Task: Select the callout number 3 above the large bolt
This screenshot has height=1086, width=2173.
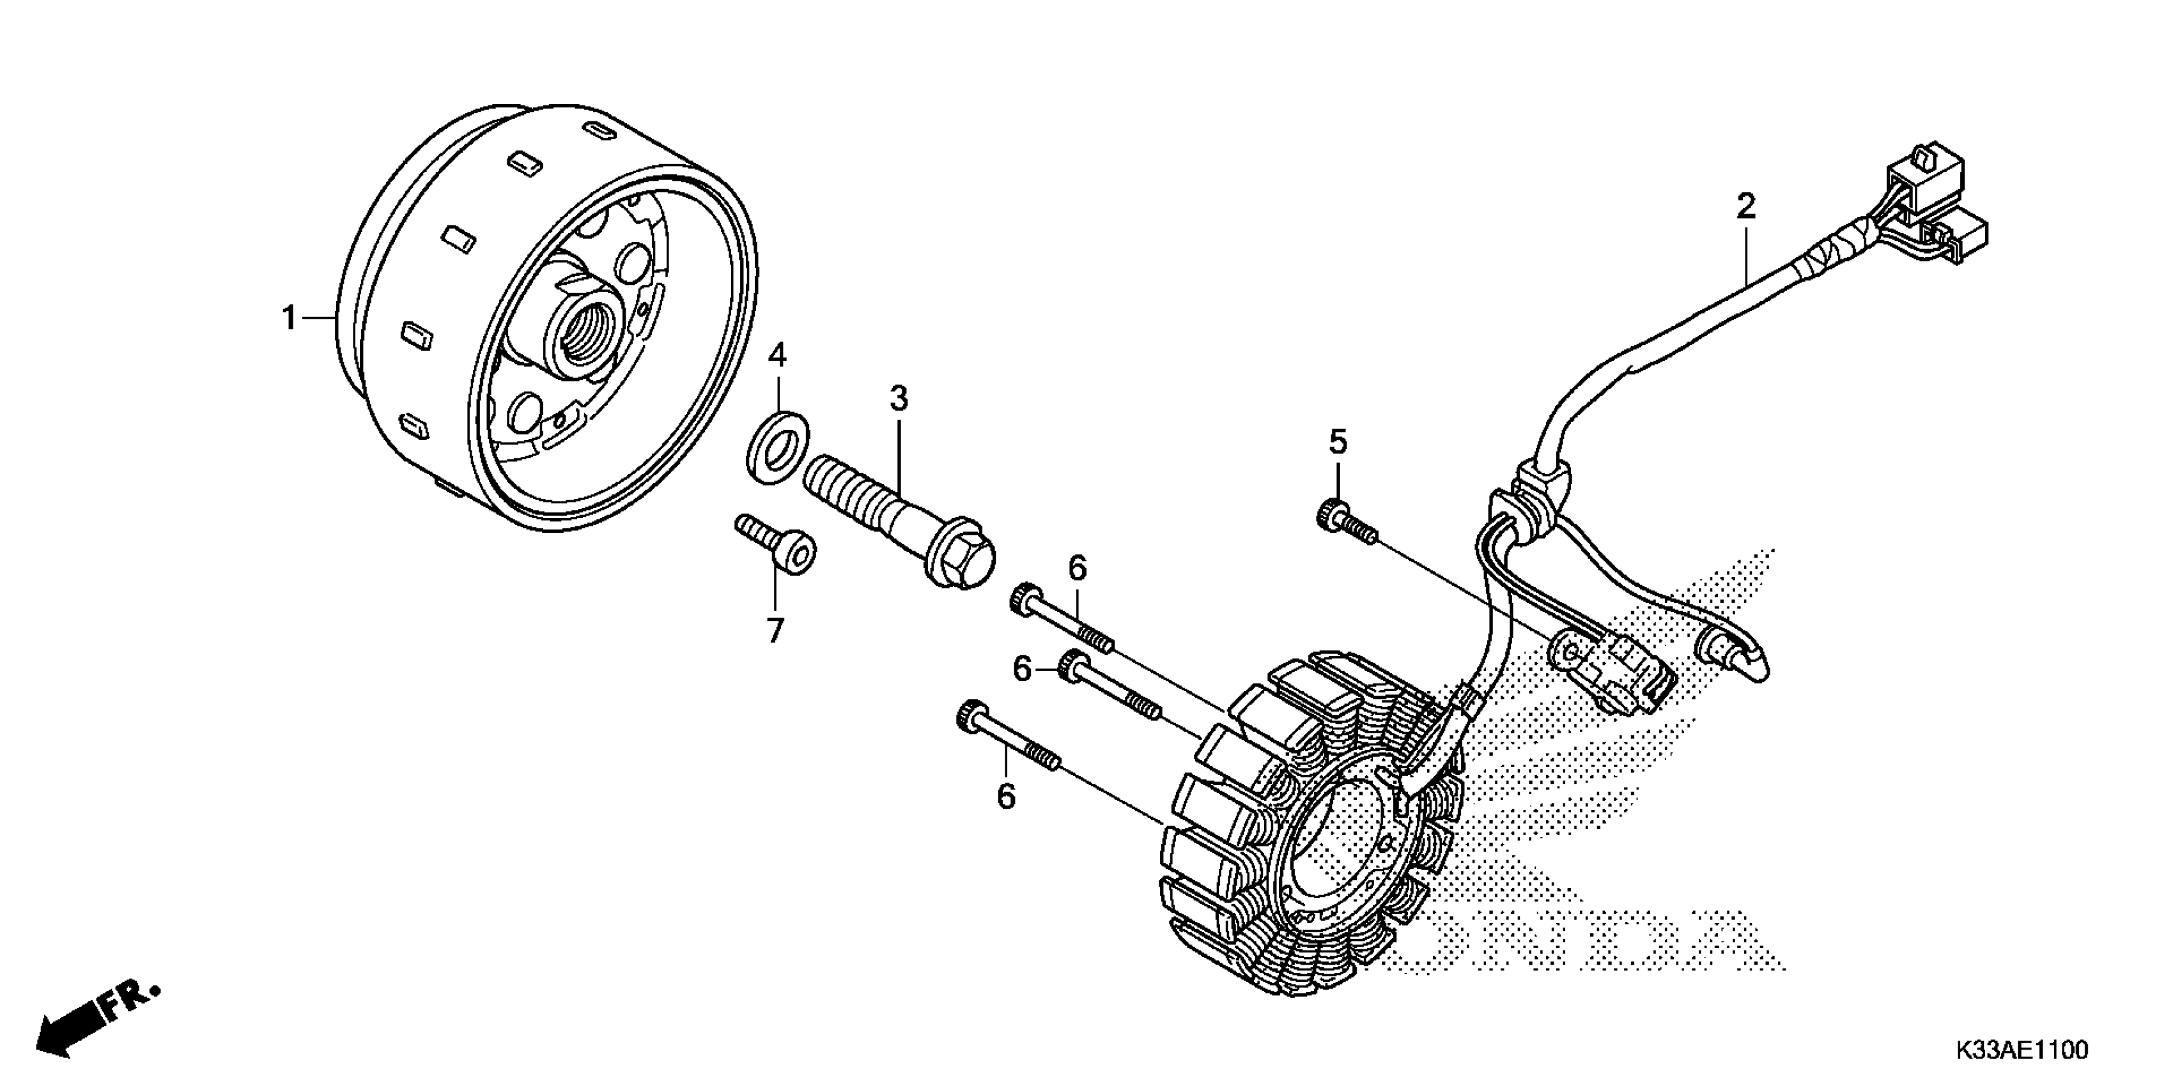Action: point(899,399)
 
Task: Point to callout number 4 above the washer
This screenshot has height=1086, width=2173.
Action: point(777,356)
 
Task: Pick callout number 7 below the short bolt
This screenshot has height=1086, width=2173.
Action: point(775,630)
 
